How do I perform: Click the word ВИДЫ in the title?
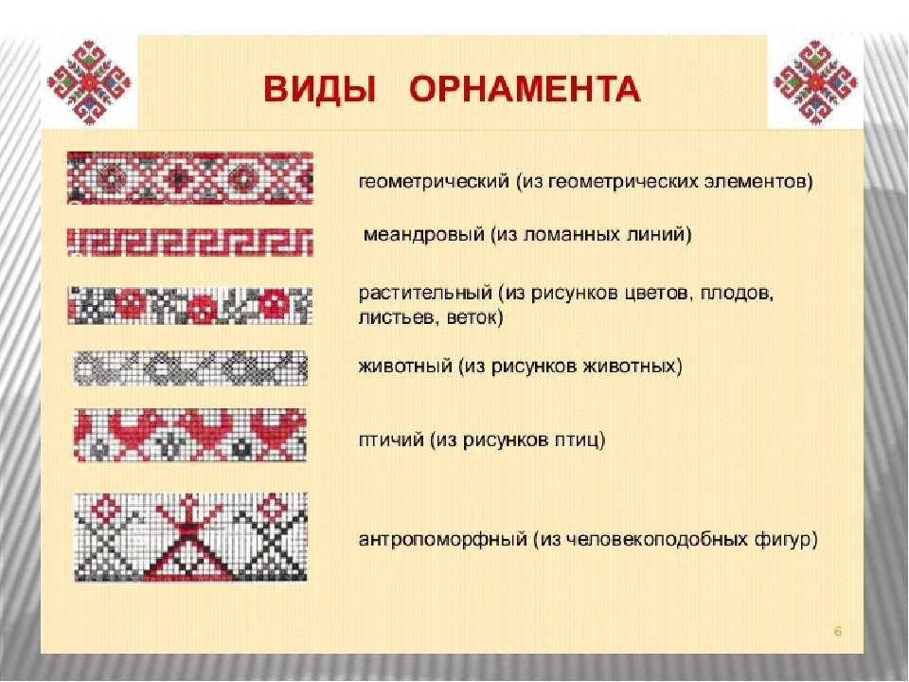[x=320, y=89]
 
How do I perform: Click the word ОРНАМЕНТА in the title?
[x=526, y=89]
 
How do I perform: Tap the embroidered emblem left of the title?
[x=89, y=82]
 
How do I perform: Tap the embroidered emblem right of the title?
[x=815, y=82]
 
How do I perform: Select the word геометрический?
[x=435, y=182]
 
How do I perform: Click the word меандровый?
[x=424, y=234]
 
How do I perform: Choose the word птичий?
[x=391, y=440]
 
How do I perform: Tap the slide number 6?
[x=838, y=632]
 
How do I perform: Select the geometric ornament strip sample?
[x=190, y=178]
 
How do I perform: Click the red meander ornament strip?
[x=190, y=242]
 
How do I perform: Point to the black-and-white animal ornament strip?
[x=190, y=368]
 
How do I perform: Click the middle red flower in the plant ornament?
[x=204, y=306]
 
